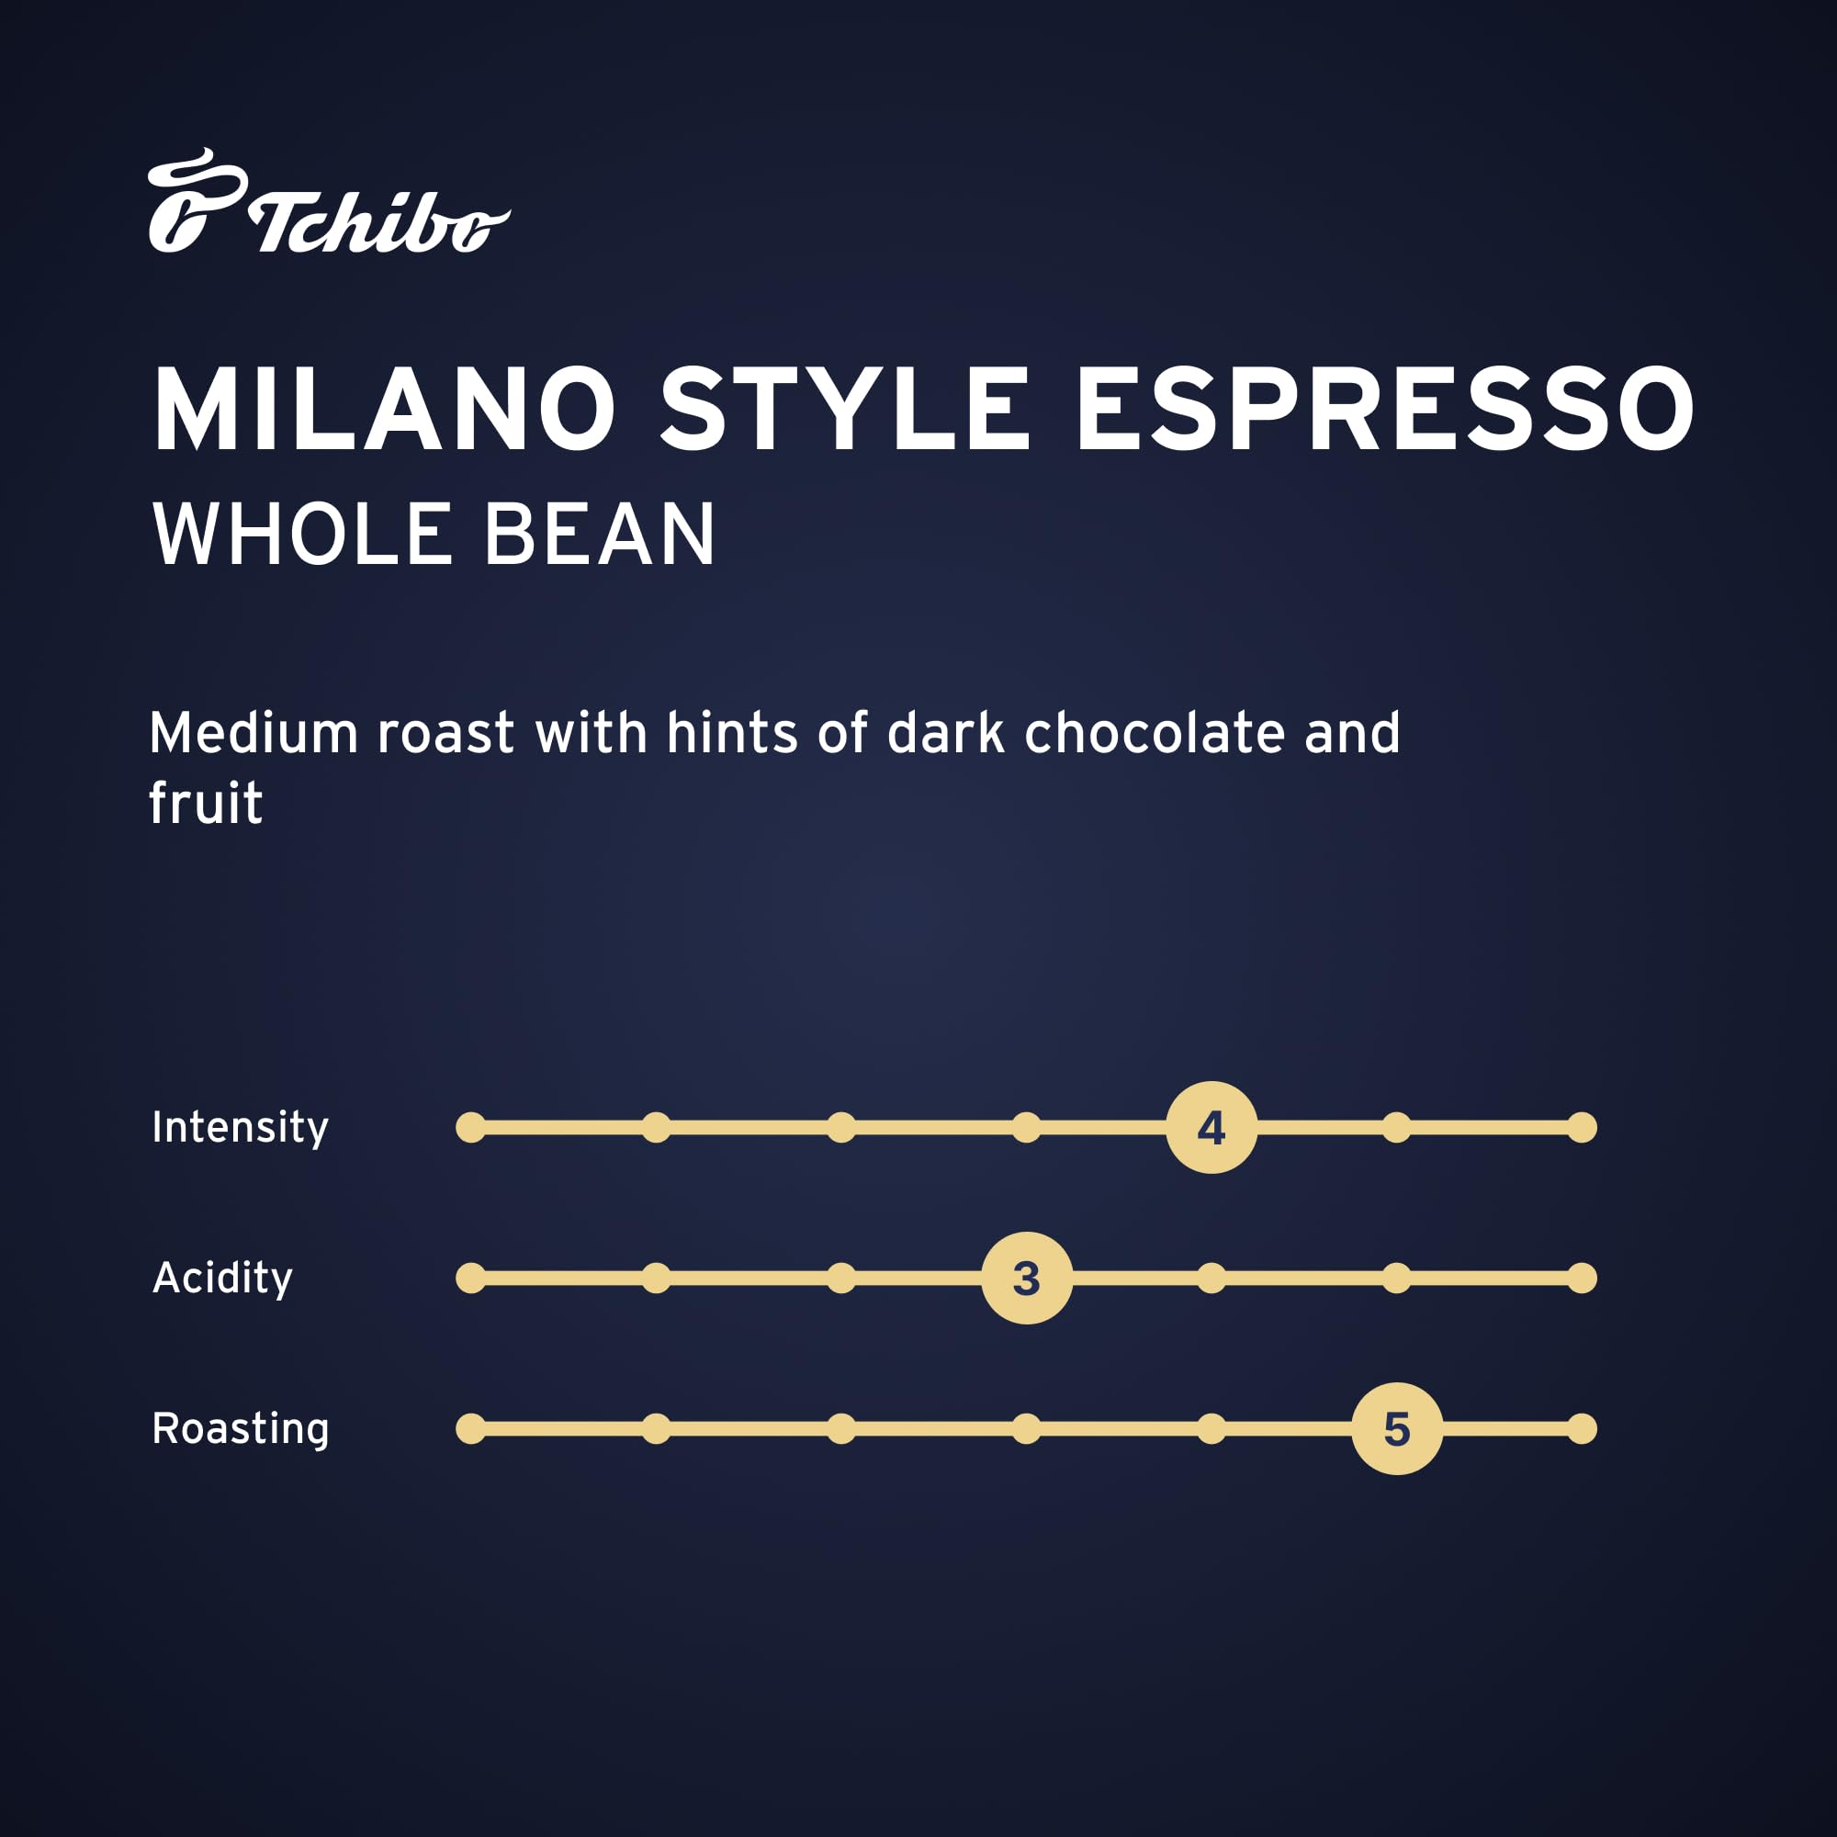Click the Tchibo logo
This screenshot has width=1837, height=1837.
tap(328, 201)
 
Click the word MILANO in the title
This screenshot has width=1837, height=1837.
tap(384, 410)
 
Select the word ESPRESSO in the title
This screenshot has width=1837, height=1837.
tap(1384, 410)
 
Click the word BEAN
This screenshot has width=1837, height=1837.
tap(599, 535)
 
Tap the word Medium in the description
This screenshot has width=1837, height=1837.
tap(253, 733)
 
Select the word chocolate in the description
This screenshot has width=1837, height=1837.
tap(1155, 733)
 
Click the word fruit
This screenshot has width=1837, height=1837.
tap(206, 804)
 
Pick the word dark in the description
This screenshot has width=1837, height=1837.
tap(945, 733)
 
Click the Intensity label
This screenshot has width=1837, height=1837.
tap(241, 1128)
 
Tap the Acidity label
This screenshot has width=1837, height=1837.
tap(222, 1278)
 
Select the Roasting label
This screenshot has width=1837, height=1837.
tap(241, 1429)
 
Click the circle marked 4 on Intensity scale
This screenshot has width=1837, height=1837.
tap(1212, 1128)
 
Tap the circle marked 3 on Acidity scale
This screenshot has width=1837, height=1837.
tap(1027, 1278)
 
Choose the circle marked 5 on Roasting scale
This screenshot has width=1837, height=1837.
tap(1397, 1428)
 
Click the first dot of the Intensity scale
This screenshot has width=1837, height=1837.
tap(470, 1128)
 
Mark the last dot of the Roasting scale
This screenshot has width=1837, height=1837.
tap(1583, 1428)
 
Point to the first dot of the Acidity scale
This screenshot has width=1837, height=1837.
tap(470, 1278)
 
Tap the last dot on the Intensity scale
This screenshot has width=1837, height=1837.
tap(1583, 1128)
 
